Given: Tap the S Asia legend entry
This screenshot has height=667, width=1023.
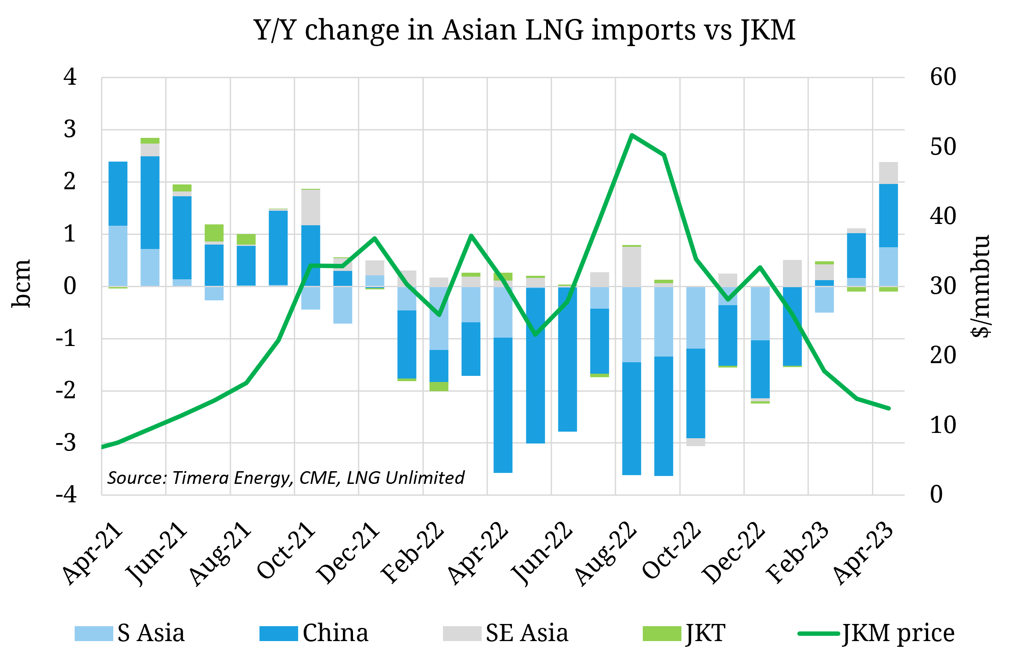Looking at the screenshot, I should (x=130, y=633).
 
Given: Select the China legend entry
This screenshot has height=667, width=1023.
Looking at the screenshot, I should (x=314, y=633).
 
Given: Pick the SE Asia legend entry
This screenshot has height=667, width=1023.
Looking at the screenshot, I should (x=506, y=633).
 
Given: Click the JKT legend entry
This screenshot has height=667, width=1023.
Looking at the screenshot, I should (x=684, y=633).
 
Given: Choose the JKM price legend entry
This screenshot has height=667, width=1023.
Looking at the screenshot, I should (x=876, y=633).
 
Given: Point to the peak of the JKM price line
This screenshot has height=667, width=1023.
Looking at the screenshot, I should (x=631, y=135).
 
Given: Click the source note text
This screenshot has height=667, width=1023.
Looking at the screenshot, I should (x=286, y=478).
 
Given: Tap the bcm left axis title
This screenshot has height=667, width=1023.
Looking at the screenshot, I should (x=21, y=284).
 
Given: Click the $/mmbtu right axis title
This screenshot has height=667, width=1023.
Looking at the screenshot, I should (x=980, y=286).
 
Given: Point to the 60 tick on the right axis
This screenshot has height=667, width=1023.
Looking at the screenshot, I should (x=943, y=77).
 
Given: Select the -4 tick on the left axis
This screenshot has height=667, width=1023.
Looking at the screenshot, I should (x=67, y=494).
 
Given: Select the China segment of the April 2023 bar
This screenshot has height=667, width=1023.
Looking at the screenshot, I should (x=888, y=215).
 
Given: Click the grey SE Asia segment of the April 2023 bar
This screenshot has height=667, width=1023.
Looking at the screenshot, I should (x=888, y=173).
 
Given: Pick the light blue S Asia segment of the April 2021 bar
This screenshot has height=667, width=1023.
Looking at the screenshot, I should (x=118, y=256).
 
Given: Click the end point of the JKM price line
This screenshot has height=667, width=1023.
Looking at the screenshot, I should (x=889, y=408).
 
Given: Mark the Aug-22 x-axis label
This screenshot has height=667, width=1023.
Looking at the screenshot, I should (x=606, y=554).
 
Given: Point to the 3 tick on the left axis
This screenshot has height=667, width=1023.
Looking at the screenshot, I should (x=70, y=130).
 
